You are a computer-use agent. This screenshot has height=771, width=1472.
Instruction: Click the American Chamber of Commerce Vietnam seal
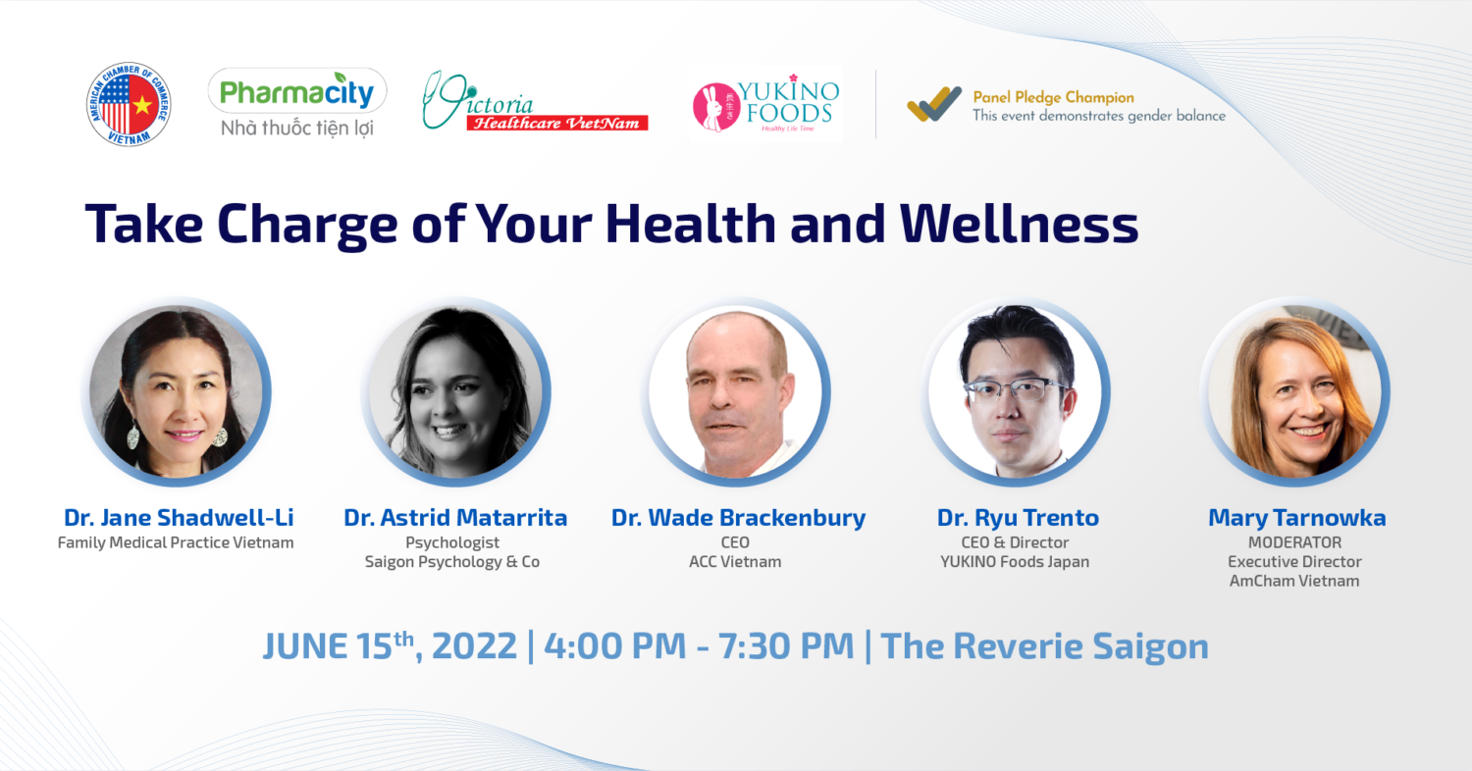(129, 104)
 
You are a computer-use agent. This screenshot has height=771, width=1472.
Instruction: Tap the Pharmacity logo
(297, 103)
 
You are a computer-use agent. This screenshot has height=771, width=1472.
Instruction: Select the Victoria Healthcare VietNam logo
(535, 102)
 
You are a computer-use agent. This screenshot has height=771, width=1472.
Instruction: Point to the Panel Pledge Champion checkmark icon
(934, 104)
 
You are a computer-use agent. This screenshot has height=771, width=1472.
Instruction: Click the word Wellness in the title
(1019, 225)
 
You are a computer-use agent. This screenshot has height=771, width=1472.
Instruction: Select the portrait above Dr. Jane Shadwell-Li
(176, 391)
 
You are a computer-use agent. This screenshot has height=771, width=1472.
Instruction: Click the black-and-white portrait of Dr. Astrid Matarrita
(455, 391)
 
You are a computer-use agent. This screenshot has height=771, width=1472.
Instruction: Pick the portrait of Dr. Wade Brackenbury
(736, 391)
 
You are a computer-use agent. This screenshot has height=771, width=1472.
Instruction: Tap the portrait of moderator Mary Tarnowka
(1295, 391)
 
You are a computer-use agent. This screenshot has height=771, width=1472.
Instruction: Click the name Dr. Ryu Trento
(1018, 518)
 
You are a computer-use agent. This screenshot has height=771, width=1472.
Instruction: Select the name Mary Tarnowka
(1297, 518)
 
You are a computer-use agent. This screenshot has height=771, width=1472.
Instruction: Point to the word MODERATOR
(1294, 542)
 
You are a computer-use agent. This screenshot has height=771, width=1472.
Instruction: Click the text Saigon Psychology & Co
(452, 561)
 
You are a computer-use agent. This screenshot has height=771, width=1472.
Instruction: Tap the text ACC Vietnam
(735, 561)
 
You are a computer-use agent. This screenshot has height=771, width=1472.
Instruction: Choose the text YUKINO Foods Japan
(1015, 561)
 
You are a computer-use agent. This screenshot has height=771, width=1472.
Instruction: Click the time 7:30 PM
(786, 646)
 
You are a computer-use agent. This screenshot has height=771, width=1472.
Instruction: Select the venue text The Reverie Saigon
(1045, 646)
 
